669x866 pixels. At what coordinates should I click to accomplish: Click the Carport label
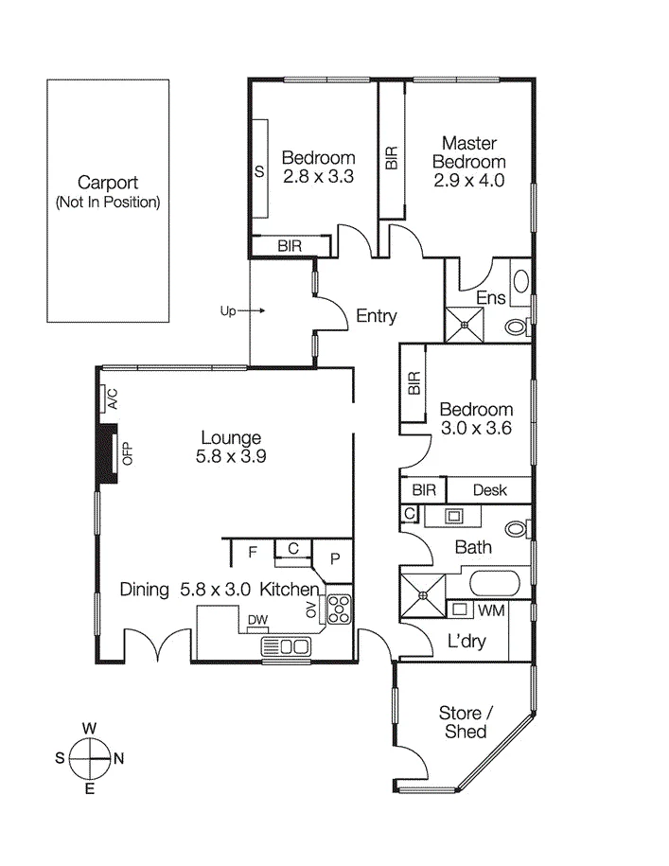point(108,183)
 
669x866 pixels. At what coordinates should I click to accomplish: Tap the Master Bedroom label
point(469,152)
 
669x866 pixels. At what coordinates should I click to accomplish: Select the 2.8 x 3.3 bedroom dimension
point(318,177)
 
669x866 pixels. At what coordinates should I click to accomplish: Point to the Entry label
point(377,316)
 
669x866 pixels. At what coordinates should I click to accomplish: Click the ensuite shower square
point(465,325)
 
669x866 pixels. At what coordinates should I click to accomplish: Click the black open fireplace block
point(108,454)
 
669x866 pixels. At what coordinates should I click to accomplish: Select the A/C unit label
point(112,398)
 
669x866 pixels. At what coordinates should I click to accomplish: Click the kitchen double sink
point(286,646)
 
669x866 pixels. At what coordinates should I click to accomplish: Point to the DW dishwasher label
point(257,620)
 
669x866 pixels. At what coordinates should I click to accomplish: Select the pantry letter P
point(335,559)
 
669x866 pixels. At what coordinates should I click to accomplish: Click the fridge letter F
point(253,552)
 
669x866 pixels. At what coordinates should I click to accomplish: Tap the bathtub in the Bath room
point(494,584)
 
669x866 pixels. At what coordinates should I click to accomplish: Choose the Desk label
point(489,490)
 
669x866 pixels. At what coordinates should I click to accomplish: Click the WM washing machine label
point(491,610)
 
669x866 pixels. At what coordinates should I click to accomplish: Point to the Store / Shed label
point(466,722)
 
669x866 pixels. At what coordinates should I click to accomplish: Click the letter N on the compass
point(118,758)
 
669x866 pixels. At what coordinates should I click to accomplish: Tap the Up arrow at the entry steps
point(252,310)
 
